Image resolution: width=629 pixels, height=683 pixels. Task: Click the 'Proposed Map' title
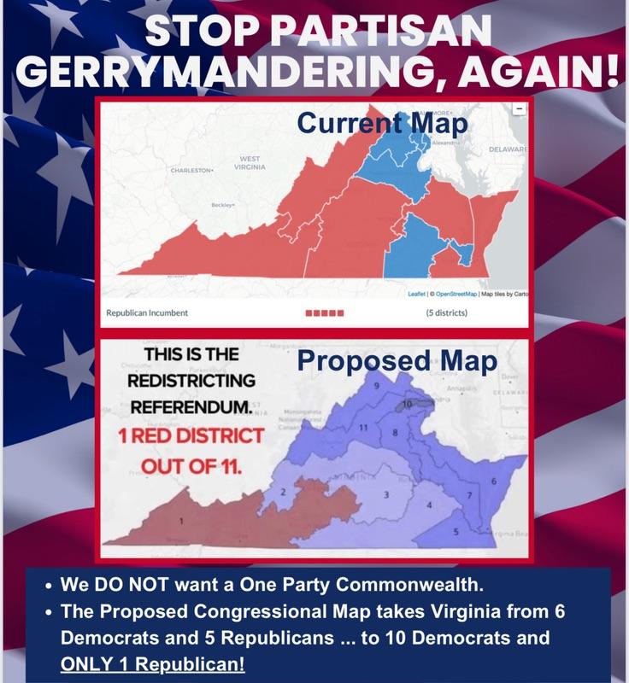coord(397,362)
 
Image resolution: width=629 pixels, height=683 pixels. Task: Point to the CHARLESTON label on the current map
coord(190,171)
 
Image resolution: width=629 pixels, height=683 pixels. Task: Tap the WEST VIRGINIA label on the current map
coord(250,162)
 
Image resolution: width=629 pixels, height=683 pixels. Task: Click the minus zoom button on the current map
coord(519,109)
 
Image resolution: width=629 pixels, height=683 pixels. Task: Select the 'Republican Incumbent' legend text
coord(147,312)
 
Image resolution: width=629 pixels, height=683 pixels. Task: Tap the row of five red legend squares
coord(325,312)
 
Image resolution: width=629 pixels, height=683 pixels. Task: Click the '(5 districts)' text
coord(446,312)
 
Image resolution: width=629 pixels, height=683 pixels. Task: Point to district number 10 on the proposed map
coord(407,402)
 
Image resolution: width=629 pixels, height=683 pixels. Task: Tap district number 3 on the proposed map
coord(385,494)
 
